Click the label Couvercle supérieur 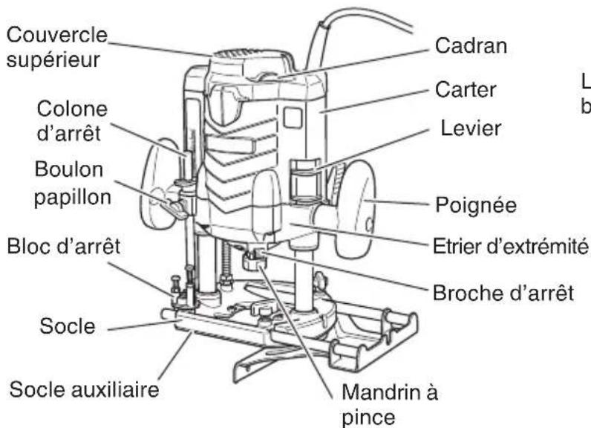[55, 47]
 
